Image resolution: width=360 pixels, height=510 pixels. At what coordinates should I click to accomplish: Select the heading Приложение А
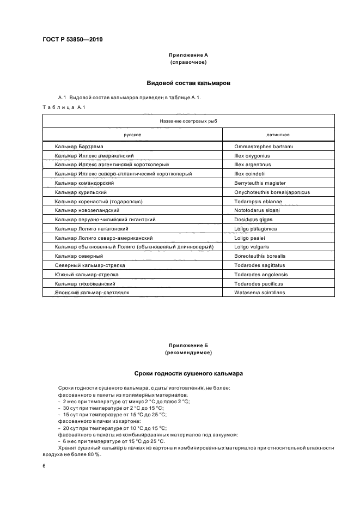(188, 56)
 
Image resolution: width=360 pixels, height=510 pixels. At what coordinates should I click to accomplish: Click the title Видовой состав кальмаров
(188, 83)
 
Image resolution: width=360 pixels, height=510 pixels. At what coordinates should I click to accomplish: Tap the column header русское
(133, 134)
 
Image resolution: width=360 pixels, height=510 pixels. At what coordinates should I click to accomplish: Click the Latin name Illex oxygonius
(252, 155)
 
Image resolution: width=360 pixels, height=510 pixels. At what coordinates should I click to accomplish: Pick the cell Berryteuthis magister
(260, 183)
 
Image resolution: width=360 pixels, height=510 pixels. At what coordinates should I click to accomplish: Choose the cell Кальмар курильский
(81, 192)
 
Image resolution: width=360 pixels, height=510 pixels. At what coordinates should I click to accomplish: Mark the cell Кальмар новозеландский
(87, 210)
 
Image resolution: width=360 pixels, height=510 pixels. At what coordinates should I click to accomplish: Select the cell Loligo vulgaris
(252, 247)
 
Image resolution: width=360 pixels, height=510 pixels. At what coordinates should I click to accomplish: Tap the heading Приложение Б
(188, 345)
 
